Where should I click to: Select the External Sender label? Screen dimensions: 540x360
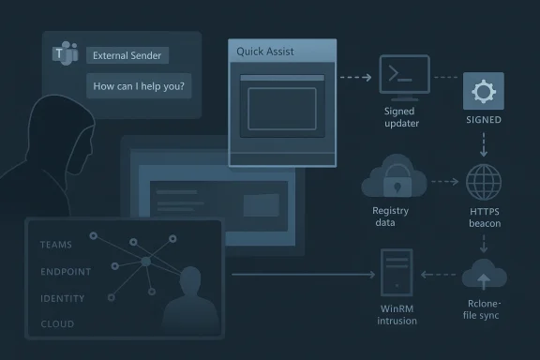(x=128, y=56)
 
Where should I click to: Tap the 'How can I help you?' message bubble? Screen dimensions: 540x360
(x=139, y=87)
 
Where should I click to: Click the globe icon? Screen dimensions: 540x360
(x=484, y=180)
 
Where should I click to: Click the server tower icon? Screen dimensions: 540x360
(x=397, y=273)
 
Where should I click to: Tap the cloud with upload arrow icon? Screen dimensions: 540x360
(x=484, y=275)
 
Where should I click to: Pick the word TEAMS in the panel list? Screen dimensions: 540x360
(x=56, y=245)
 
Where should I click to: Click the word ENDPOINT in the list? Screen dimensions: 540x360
(x=66, y=272)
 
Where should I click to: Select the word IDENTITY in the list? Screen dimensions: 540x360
(x=63, y=299)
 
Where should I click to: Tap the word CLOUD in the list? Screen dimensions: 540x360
(x=56, y=325)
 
